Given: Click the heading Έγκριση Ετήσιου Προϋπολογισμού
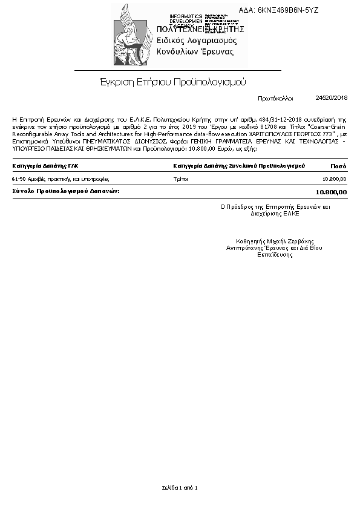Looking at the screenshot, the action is pos(172,82).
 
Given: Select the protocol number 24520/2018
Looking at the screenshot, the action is pos(332,97).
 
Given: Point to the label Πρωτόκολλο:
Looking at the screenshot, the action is pos(275,98).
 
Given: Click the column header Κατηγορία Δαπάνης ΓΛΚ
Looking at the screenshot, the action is pos(45,165).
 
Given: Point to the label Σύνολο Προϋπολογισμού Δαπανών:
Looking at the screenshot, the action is pos(65,191).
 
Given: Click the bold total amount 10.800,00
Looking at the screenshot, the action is pos(332,192).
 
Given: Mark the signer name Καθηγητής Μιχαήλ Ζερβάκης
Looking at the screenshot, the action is pos(275,241).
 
